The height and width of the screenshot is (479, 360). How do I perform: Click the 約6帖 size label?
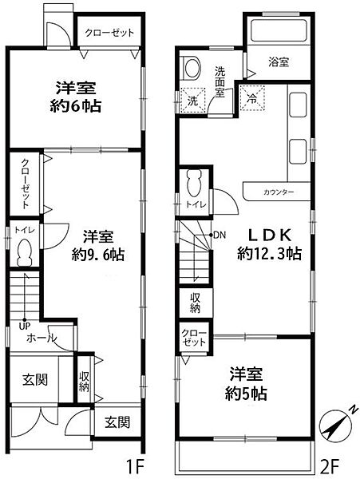coord(78,105)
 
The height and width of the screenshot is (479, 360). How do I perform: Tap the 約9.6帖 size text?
coord(96,255)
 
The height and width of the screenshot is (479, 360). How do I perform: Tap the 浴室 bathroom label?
coord(277,61)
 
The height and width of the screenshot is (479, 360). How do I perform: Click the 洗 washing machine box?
coord(192,101)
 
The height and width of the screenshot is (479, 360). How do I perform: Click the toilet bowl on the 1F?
coord(25,254)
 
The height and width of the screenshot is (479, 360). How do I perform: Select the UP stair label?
coord(26,324)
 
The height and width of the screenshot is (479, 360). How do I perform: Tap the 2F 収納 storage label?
coord(196,303)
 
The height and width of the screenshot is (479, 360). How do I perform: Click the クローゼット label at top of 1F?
coord(109,33)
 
